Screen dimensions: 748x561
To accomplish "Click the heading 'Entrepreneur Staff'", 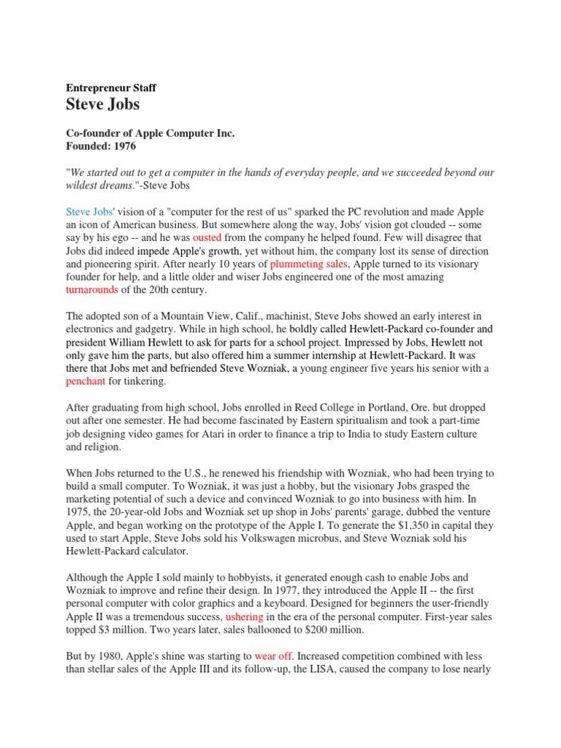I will (111, 88).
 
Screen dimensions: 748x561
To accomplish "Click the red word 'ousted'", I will (207, 237).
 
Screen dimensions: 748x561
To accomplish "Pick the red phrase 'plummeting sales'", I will (310, 264).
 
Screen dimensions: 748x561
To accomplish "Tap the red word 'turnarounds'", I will (93, 290).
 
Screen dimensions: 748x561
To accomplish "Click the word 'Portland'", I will (377, 408).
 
